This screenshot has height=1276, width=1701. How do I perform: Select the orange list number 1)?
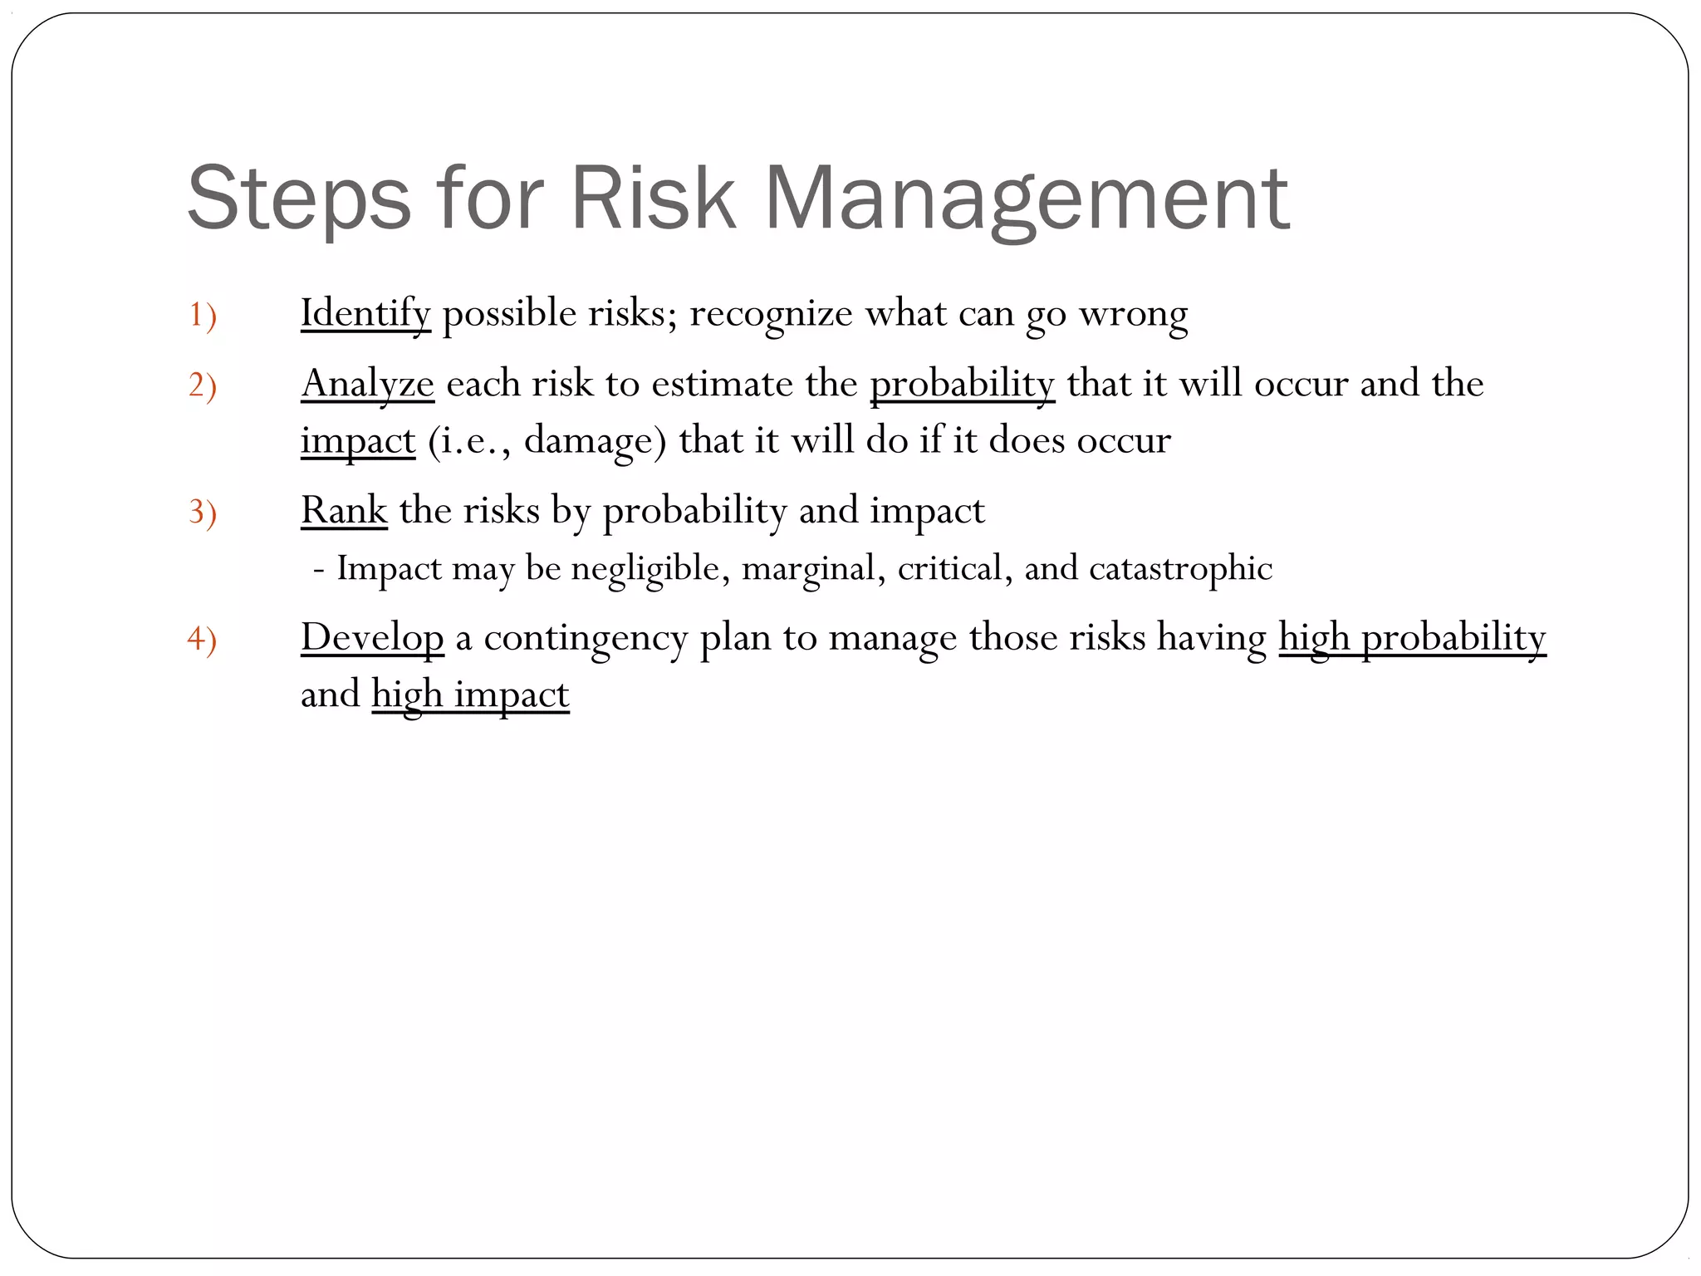202,315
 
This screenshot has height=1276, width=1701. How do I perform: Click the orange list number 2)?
202,385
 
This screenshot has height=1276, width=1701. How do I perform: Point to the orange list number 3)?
202,512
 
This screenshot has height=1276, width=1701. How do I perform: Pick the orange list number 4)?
202,639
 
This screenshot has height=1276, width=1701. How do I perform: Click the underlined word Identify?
365,313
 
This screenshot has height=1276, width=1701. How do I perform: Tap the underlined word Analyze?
367,384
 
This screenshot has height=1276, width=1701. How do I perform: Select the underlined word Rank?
344,510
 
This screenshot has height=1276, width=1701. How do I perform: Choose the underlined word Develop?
372,638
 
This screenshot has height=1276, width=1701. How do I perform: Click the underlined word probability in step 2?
962,384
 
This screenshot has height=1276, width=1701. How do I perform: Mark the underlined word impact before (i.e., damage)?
358,440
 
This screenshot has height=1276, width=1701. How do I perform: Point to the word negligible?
650,568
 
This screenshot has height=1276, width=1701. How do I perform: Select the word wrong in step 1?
1133,313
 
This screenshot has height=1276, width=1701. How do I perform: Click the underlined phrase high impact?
470,694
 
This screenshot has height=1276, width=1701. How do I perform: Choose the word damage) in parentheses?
595,440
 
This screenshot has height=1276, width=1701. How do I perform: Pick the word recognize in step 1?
771,313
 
